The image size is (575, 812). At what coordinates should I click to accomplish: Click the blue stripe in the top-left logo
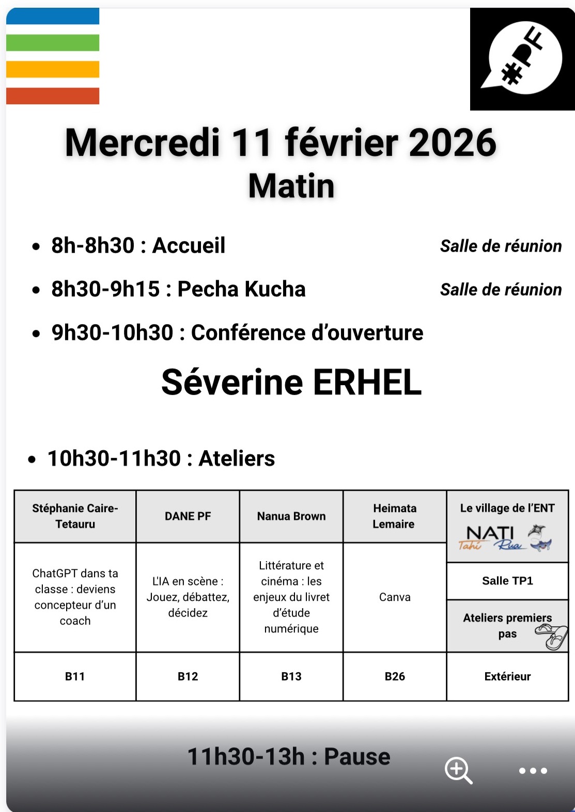(53, 16)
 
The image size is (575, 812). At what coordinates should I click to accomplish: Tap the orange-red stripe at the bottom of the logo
(53, 96)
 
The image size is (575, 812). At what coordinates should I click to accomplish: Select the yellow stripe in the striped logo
(53, 69)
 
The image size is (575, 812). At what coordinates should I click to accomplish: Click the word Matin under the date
(291, 186)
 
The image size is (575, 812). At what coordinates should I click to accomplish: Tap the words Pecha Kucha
(241, 289)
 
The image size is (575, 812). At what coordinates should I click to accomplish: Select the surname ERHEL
(367, 383)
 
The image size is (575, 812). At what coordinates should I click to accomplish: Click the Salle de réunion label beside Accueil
(501, 246)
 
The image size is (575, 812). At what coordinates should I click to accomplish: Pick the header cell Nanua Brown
(291, 516)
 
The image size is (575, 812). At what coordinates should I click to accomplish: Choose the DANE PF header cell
(188, 516)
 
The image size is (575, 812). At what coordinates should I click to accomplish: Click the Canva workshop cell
(395, 597)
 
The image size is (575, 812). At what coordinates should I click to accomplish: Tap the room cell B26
(395, 676)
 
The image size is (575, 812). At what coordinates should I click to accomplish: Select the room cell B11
(75, 676)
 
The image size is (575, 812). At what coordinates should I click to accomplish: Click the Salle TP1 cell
(507, 581)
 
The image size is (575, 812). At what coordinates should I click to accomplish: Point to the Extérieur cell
(507, 676)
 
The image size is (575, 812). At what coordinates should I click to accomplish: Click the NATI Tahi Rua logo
(506, 538)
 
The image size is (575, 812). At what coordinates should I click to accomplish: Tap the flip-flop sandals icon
(552, 636)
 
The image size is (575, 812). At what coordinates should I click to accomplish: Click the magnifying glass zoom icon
(458, 771)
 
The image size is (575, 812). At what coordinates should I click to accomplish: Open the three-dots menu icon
(533, 771)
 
